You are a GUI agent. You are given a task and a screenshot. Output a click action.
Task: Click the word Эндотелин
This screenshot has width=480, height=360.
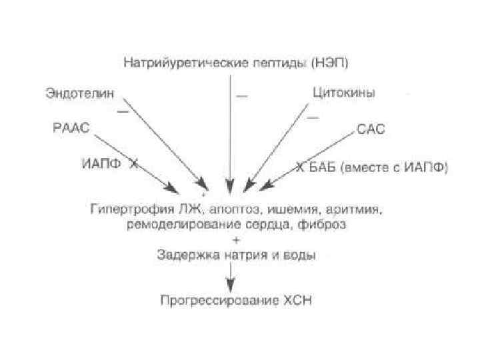coord(76,93)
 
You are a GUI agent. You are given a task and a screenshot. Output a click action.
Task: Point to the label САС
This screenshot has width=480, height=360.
coord(371,129)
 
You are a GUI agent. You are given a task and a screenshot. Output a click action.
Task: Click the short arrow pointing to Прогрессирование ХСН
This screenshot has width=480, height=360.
coord(230,276)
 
